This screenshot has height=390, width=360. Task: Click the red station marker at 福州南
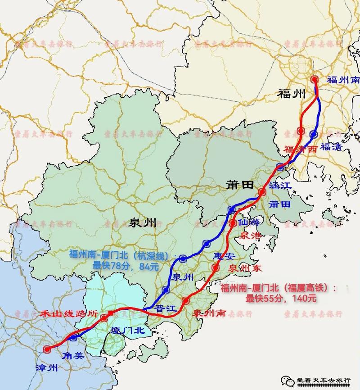pos(315,79)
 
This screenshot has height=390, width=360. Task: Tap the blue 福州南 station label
pos(343,80)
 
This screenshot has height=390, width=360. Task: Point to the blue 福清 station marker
pos(314,134)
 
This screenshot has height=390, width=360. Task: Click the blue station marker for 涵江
pos(281,167)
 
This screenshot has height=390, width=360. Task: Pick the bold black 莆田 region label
pos(240,186)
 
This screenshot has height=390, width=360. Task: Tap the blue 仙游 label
pos(249,222)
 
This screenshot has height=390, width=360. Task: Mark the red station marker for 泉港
pos(233,223)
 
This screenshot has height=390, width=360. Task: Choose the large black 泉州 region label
pos(142,222)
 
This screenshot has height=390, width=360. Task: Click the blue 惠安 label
pos(225,255)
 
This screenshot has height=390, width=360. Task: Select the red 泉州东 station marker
pos(216,268)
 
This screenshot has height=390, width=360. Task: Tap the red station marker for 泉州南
pos(186,300)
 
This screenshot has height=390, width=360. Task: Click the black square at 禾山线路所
pos(110,313)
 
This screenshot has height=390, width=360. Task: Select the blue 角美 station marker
pos(73,337)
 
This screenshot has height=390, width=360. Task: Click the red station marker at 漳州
pos(47,349)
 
